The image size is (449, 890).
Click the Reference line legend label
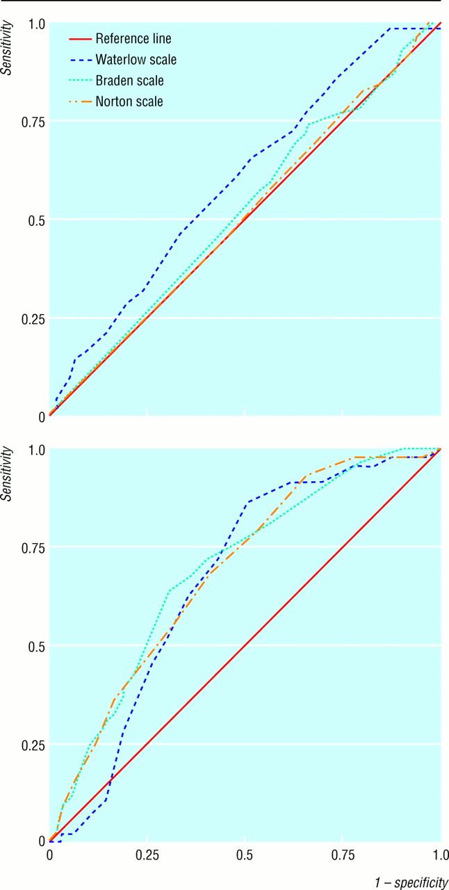tap(133, 38)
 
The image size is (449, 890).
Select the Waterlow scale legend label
tap(136, 60)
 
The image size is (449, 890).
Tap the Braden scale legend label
tap(129, 81)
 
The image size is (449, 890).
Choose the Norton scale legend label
tap(129, 102)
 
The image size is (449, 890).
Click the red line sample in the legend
tap(80, 39)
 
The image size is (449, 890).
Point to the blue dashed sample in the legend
tap(80, 60)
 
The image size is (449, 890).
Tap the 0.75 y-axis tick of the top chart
tap(33, 122)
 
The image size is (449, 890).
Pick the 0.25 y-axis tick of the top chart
tap(33, 319)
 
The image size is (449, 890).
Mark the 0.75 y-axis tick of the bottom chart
tap(33, 549)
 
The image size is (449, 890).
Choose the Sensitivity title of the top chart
tap(7, 48)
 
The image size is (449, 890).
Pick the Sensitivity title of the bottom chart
tap(7, 474)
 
